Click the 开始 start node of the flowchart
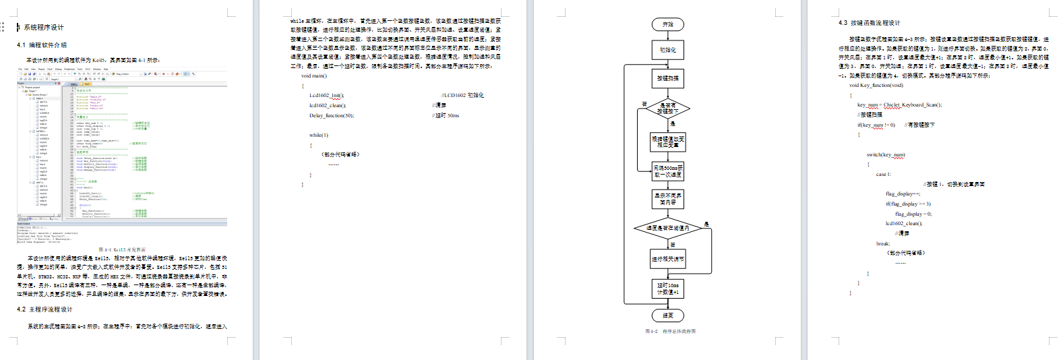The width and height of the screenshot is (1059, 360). coord(667,25)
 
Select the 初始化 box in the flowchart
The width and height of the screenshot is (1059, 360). coord(667,50)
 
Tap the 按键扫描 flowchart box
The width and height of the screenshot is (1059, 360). coord(667,78)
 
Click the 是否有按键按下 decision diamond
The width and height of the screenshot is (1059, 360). coord(667,108)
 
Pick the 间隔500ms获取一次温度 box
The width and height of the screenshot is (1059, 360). coord(667,171)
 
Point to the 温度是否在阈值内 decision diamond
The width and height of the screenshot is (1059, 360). coord(667,229)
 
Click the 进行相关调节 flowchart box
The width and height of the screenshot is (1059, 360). coord(667,259)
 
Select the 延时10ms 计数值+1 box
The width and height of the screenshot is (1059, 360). coord(667,289)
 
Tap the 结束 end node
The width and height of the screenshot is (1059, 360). coord(667,316)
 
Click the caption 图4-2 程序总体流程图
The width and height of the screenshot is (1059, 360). coord(669,332)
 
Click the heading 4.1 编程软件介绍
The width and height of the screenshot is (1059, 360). coord(42,45)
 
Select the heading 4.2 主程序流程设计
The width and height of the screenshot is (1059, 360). coord(44,309)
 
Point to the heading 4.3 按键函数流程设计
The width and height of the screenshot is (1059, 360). coord(869,23)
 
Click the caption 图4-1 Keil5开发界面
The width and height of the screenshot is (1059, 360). coord(122,249)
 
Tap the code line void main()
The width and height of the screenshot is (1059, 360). coord(313,76)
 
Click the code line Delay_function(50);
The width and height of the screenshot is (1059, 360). coord(332,116)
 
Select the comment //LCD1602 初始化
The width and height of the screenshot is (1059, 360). coord(462,96)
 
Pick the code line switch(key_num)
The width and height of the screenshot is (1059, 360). coord(886,155)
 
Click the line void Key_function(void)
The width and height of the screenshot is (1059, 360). coord(876,86)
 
